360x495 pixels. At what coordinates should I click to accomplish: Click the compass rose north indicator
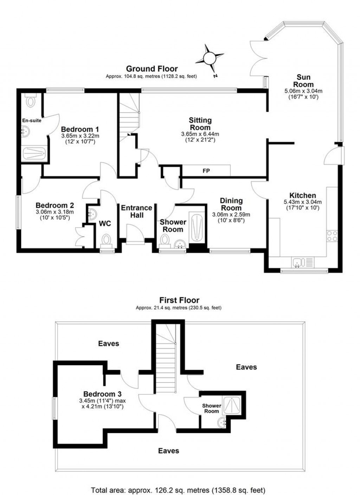pyautogui.click(x=210, y=57)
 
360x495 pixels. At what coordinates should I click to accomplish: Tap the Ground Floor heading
pyautogui.click(x=152, y=69)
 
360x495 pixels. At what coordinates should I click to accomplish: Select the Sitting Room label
pyautogui.click(x=200, y=124)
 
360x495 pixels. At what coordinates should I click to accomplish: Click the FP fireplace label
pyautogui.click(x=206, y=171)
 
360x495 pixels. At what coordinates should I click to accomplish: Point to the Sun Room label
pyautogui.click(x=303, y=81)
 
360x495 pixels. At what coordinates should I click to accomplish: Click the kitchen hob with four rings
pyautogui.click(x=332, y=236)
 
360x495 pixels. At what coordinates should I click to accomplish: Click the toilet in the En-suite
pyautogui.click(x=31, y=101)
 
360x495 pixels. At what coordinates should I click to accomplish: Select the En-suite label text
pyautogui.click(x=32, y=121)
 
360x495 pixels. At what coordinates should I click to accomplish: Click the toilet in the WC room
pyautogui.click(x=106, y=240)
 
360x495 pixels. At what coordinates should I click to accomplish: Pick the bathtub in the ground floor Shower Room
pyautogui.click(x=196, y=227)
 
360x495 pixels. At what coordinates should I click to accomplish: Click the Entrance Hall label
pyautogui.click(x=136, y=211)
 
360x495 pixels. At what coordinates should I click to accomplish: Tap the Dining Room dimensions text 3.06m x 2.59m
pyautogui.click(x=231, y=215)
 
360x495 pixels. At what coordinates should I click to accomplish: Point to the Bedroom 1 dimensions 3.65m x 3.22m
pyautogui.click(x=80, y=136)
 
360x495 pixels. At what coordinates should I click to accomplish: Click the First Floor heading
pyautogui.click(x=179, y=300)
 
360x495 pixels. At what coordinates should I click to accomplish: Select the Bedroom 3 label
pyautogui.click(x=102, y=394)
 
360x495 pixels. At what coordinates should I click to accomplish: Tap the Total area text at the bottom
pyautogui.click(x=178, y=490)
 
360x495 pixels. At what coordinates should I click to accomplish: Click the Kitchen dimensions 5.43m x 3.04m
pyautogui.click(x=302, y=202)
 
